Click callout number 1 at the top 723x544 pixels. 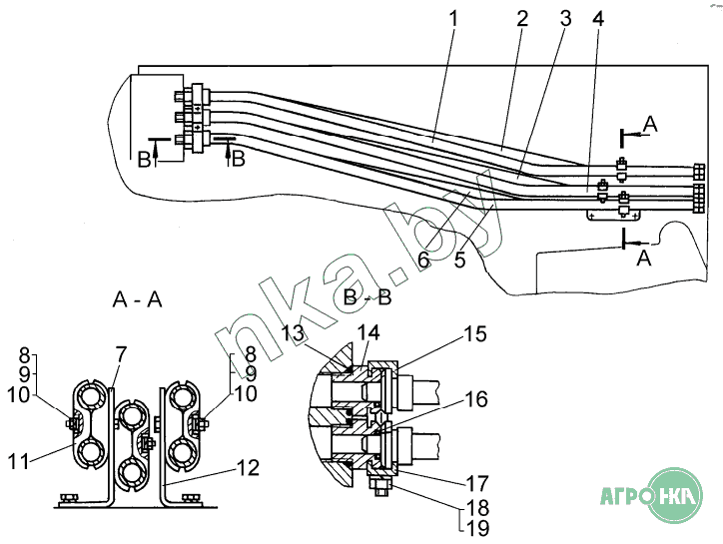click(x=453, y=19)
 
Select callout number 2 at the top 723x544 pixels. click(x=522, y=19)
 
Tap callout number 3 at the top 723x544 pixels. click(x=565, y=19)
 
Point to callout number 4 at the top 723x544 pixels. click(x=598, y=19)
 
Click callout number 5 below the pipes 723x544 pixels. click(x=459, y=260)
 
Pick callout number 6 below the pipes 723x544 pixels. click(x=423, y=260)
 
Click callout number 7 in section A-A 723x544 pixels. click(x=121, y=355)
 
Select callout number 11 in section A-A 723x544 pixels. click(x=18, y=461)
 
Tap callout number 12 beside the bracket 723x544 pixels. click(x=248, y=468)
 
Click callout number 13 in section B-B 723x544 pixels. click(x=294, y=332)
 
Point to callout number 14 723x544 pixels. click(x=368, y=332)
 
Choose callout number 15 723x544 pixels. click(x=475, y=334)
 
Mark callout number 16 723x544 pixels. click(x=476, y=399)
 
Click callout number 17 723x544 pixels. click(x=477, y=484)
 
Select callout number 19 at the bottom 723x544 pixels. click(x=478, y=528)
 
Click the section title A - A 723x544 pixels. click(x=138, y=300)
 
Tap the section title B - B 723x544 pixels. click(x=367, y=297)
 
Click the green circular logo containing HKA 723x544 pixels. click(x=675, y=496)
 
